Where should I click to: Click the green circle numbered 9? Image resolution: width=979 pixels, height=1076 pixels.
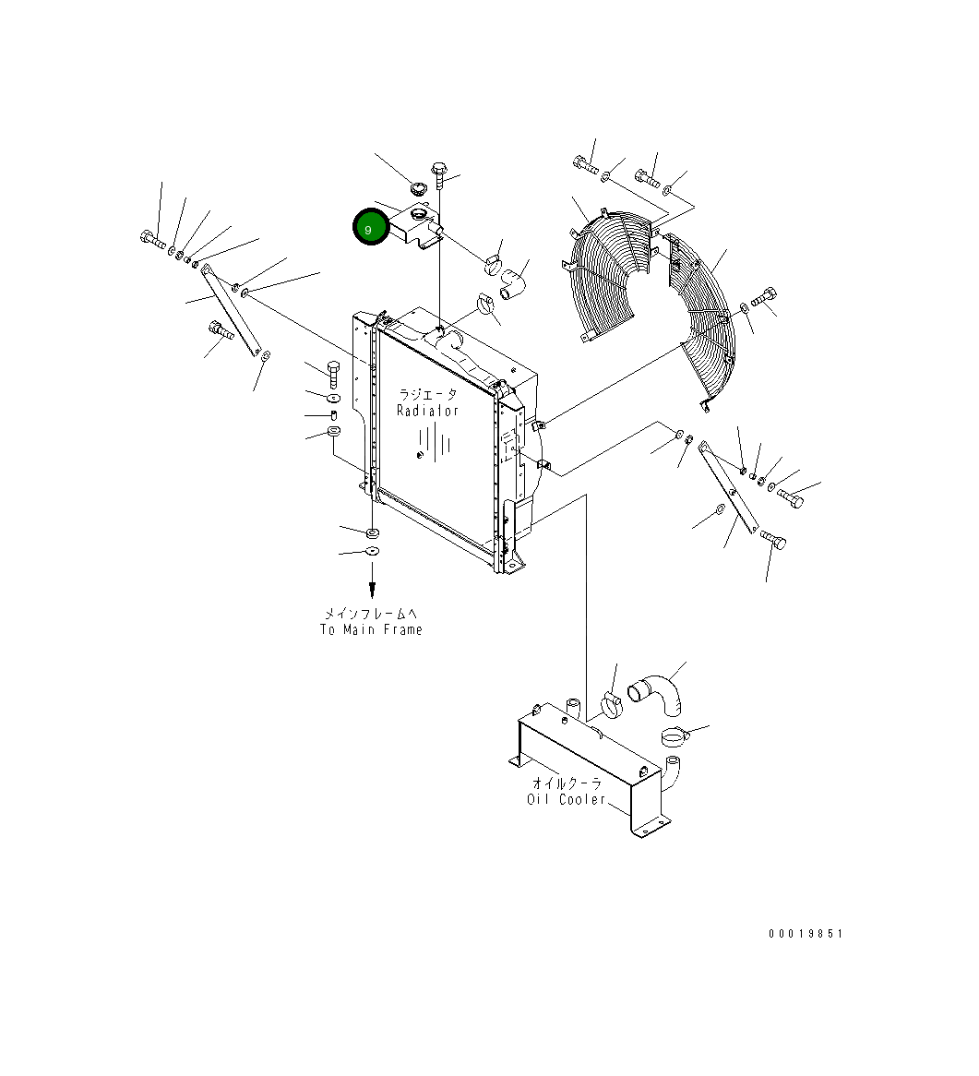369,229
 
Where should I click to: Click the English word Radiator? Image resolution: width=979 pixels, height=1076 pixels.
427,411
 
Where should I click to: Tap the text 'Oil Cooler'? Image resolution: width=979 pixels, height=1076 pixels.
567,799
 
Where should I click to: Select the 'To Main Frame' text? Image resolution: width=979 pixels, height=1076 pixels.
371,629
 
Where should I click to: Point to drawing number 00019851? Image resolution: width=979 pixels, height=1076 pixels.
806,934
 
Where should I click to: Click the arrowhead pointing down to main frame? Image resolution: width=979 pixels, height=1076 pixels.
372,591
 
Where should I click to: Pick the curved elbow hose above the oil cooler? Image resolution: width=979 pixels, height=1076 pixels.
659,694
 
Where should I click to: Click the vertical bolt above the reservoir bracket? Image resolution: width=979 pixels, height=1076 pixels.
439,173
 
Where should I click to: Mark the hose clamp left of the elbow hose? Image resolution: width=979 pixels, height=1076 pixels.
610,704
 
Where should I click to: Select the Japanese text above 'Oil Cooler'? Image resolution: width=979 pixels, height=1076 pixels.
567,783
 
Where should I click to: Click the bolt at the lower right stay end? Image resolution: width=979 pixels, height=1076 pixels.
773,541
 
